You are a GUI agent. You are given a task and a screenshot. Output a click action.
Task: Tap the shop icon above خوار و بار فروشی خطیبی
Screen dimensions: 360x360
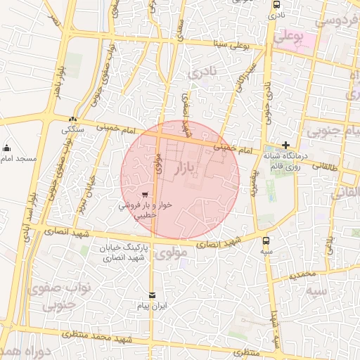[x=145, y=195]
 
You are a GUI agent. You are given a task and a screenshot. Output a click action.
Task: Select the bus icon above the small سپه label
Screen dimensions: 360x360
[x=266, y=240]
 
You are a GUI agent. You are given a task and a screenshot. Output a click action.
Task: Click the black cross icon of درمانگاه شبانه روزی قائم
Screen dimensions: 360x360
[x=285, y=145]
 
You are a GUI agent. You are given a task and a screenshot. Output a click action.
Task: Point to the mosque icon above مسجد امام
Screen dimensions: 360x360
[x=6, y=148]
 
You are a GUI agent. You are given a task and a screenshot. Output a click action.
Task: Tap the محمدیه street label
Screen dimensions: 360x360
[x=307, y=273]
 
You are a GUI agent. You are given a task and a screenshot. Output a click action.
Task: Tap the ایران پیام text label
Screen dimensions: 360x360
[x=151, y=307]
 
